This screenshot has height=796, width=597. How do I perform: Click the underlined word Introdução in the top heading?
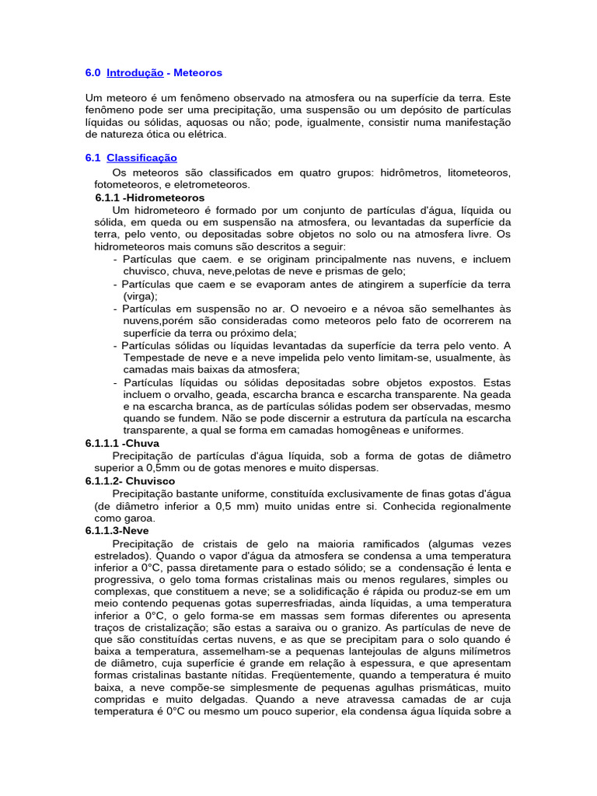pos(134,72)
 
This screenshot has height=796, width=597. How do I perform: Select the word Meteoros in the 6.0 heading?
pos(197,72)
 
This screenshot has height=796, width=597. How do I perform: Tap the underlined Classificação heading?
pos(141,158)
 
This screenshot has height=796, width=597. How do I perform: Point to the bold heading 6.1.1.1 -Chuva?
pos(122,443)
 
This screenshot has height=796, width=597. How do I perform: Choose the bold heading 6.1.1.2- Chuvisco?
pos(131,480)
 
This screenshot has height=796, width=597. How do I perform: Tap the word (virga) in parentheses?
pos(140,296)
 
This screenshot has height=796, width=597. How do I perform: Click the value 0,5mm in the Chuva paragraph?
pos(170,468)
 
